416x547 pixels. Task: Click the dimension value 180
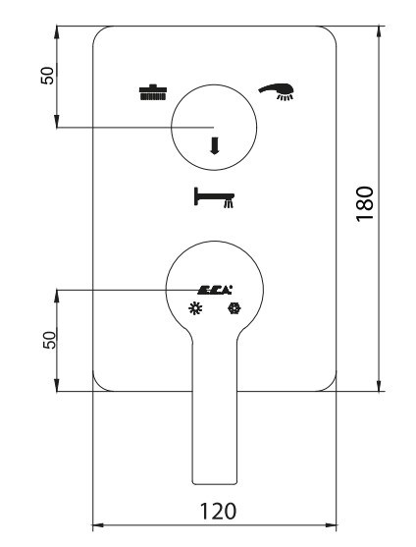pos(365,203)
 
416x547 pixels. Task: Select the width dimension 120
pos(218,512)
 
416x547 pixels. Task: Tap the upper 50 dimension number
pos(48,76)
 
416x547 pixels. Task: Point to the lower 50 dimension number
pos(49,340)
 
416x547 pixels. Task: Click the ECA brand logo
pos(215,290)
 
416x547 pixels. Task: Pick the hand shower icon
pos(277,91)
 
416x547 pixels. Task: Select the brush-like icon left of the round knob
pos(153,92)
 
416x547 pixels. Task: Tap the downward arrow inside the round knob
pos(214,145)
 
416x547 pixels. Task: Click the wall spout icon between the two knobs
pos(214,197)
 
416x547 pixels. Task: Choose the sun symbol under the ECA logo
pos(195,308)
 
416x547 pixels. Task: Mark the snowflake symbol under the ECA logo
pos(234,308)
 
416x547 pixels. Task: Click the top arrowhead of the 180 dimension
pos(379,32)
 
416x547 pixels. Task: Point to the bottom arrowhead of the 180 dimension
pos(379,385)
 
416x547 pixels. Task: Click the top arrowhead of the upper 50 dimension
pos(58,32)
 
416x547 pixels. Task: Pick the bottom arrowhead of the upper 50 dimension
pos(58,121)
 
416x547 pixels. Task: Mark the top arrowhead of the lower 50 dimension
pos(58,296)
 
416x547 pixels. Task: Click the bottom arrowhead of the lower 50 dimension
pos(58,385)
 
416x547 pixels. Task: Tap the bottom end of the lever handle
pos(215,484)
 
